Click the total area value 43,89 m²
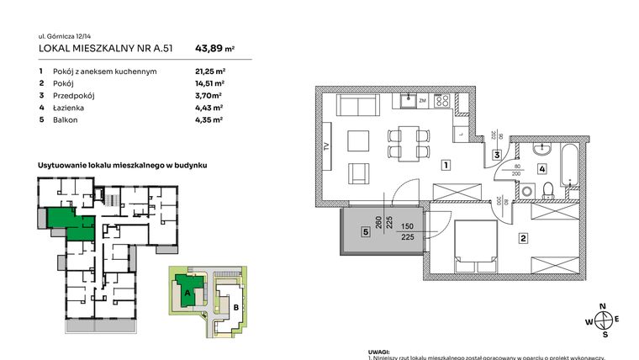[214, 48]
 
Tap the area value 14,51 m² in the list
[209, 84]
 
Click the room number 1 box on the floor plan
[444, 165]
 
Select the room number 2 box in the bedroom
[523, 239]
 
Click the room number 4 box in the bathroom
[542, 168]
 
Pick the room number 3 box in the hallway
[498, 155]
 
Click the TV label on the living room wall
[326, 150]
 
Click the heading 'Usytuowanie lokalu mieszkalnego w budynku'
[122, 167]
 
